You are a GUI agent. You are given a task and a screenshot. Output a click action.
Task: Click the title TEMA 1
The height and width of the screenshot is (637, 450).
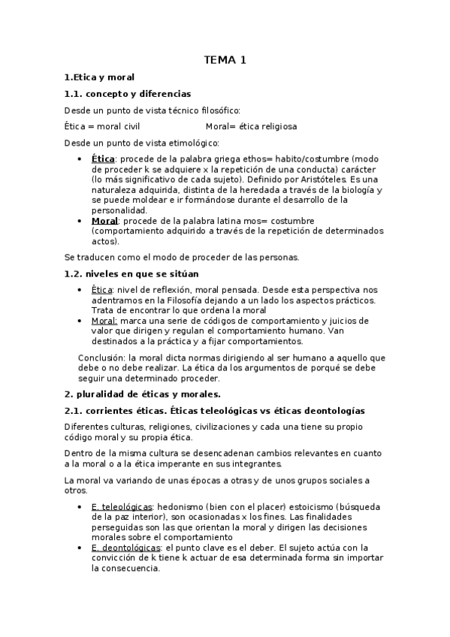[x=225, y=59]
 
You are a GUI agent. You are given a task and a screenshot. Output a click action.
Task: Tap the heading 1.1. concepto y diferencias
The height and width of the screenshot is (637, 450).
[x=127, y=94]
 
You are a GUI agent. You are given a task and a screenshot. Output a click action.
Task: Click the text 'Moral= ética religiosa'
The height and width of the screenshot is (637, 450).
[x=251, y=126]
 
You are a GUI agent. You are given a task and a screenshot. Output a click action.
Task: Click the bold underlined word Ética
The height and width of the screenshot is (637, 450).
[x=103, y=159]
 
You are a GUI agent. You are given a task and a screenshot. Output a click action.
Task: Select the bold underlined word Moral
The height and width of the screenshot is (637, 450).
[x=105, y=222]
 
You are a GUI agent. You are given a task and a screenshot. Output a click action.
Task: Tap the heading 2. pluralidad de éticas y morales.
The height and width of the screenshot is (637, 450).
[x=142, y=393]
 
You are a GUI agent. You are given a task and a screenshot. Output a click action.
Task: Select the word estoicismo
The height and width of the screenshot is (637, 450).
[x=306, y=506]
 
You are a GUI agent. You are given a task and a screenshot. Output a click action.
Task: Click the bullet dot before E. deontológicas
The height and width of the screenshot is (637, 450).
[x=81, y=548]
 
